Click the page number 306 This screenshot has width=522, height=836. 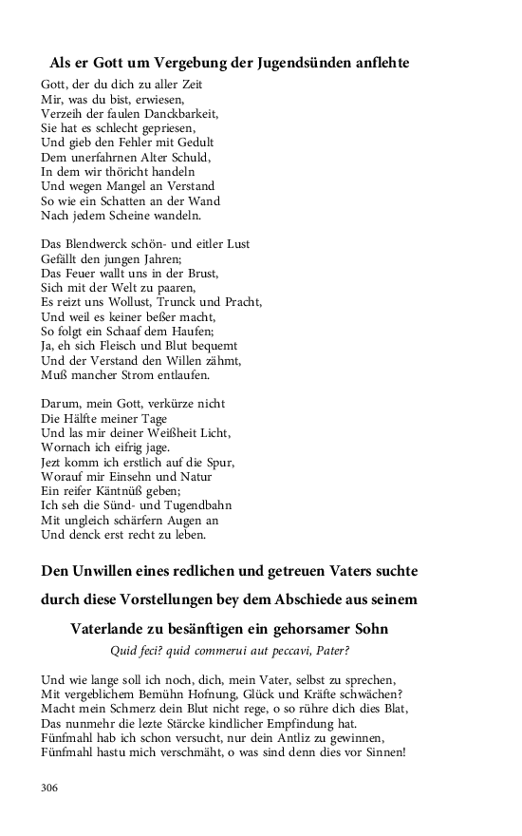[50, 787]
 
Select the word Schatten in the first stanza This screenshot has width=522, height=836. [121, 200]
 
